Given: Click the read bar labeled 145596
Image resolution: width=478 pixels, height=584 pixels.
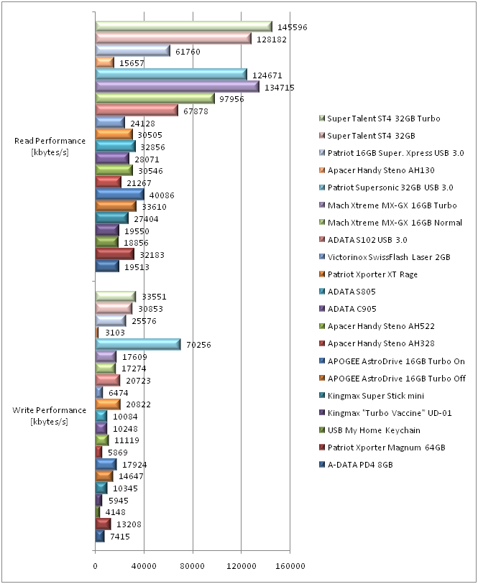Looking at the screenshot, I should (x=183, y=27).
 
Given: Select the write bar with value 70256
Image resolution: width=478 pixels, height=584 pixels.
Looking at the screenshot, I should (x=138, y=345).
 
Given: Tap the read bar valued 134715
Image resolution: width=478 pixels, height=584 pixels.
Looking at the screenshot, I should (x=177, y=87).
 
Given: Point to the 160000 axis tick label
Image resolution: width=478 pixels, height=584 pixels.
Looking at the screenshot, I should (x=290, y=566).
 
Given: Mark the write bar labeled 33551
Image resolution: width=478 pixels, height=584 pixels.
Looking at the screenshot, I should (x=116, y=296).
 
